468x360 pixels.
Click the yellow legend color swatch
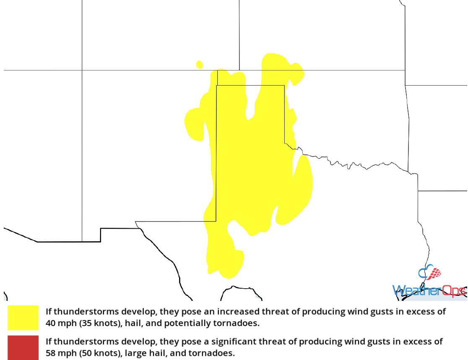[x=23, y=318]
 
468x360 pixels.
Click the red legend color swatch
[x=23, y=347]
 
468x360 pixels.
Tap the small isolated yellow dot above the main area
[x=200, y=65]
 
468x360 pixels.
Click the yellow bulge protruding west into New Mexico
[x=195, y=124]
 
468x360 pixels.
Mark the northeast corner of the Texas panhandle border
[x=284, y=86]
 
